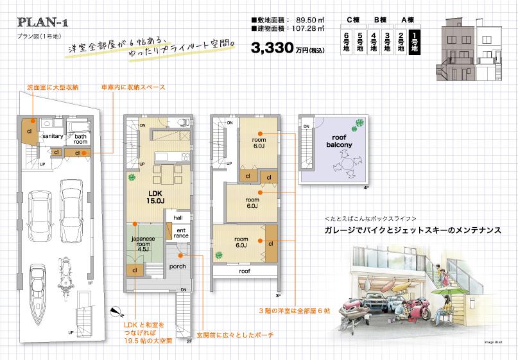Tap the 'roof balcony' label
pyautogui.click(x=341, y=142)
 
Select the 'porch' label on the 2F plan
pyautogui.click(x=177, y=266)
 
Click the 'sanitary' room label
pyautogui.click(x=52, y=136)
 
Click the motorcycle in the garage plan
pyautogui.click(x=64, y=274)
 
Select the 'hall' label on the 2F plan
pyautogui.click(x=178, y=219)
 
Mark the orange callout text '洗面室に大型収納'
pyautogui.click(x=53, y=86)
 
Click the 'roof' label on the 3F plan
pyautogui.click(x=245, y=271)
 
